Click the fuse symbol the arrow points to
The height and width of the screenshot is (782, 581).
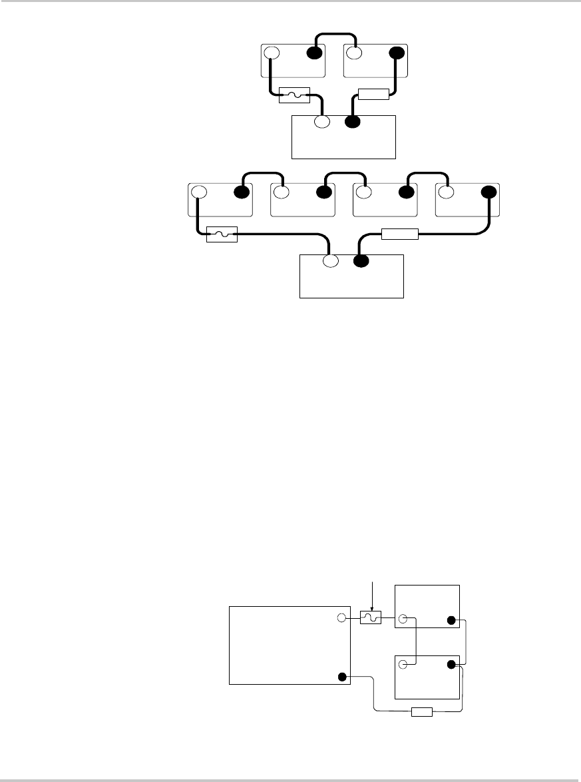coord(370,618)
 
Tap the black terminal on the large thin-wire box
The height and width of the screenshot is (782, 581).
coord(342,677)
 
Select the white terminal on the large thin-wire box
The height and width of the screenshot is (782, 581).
coord(341,618)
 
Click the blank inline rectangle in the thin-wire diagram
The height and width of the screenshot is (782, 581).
coord(422,712)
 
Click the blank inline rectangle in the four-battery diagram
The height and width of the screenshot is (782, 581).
coord(399,234)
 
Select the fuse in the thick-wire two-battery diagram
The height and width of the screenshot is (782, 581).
coord(293,96)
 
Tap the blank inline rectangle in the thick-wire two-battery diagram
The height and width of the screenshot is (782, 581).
coord(373,94)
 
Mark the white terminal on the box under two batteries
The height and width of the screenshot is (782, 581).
coord(323,123)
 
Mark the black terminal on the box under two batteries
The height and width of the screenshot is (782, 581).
coord(353,123)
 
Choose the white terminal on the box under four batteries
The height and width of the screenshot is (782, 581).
coord(331,262)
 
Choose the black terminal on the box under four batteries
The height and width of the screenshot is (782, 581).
coord(361,262)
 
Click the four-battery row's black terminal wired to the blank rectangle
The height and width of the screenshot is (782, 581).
coord(489,193)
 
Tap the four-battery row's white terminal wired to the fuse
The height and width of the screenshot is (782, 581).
coord(199,193)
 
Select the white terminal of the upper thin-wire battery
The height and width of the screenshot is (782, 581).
coord(403,620)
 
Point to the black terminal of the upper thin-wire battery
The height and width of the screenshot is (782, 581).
coord(451,620)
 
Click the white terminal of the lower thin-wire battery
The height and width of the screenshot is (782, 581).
coord(403,664)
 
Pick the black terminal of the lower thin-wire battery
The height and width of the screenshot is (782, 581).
coord(452,664)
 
